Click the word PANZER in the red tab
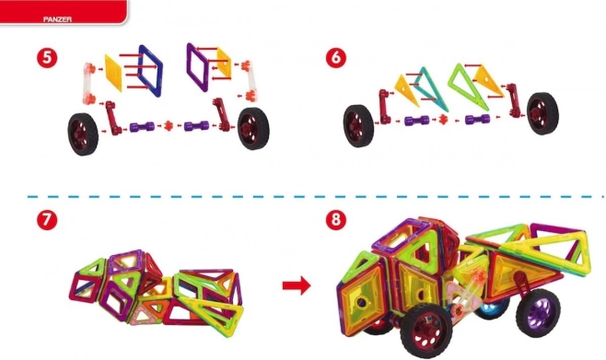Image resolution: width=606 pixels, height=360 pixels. click(57, 19)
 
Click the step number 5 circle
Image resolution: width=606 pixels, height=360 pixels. click(47, 58)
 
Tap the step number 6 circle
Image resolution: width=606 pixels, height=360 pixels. click(336, 58)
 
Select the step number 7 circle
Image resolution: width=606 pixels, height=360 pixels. click(47, 220)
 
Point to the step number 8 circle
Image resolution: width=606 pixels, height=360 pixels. click(336, 220)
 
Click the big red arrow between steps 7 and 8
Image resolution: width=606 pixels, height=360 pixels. click(297, 285)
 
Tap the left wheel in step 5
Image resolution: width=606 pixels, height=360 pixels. click(83, 134)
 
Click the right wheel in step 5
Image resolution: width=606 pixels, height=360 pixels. click(253, 128)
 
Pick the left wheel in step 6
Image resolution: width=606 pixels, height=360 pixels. click(358, 126)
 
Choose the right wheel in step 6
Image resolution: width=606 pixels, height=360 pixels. click(542, 113)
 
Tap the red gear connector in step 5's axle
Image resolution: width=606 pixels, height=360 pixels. click(169, 125)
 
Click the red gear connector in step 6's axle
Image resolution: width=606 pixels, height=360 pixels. click(443, 119)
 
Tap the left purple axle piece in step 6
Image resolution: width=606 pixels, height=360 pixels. click(416, 121)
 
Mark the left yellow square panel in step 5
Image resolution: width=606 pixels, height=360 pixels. click(113, 73)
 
